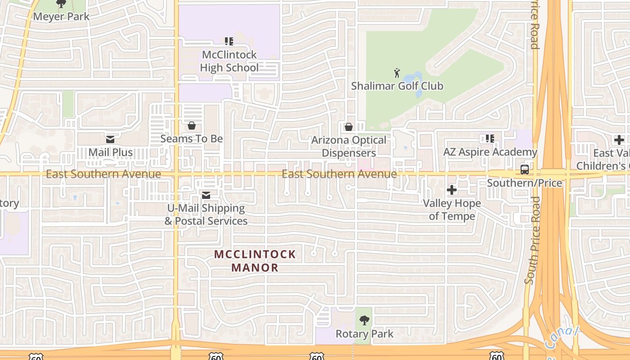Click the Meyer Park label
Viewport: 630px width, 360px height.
pyautogui.click(x=61, y=17)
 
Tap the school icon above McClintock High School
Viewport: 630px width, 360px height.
pyautogui.click(x=229, y=41)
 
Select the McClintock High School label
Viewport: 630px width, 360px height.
pyautogui.click(x=229, y=61)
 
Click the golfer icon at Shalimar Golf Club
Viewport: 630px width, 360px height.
pyautogui.click(x=397, y=72)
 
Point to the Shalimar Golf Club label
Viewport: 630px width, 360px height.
pyautogui.click(x=397, y=86)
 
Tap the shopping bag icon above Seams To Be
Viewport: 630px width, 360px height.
pyautogui.click(x=192, y=125)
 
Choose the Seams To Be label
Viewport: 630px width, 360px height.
pyautogui.click(x=192, y=139)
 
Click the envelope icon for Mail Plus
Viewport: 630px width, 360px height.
pyautogui.click(x=110, y=139)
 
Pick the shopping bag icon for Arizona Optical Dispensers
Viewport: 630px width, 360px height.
pyautogui.click(x=348, y=127)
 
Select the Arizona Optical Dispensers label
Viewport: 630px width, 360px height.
pyautogui.click(x=349, y=147)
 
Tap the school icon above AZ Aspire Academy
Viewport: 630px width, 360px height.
pyautogui.click(x=490, y=139)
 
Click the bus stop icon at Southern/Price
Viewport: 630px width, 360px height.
pyautogui.click(x=525, y=170)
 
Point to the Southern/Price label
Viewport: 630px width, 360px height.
pyautogui.click(x=525, y=183)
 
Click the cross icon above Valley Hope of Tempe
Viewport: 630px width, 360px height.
pyautogui.click(x=452, y=190)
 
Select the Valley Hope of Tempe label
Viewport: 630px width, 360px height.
pyautogui.click(x=452, y=210)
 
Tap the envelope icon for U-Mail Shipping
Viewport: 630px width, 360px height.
pyautogui.click(x=206, y=195)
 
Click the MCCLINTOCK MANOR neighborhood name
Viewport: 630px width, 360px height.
pyautogui.click(x=255, y=261)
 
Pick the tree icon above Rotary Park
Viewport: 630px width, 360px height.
pyautogui.click(x=364, y=320)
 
